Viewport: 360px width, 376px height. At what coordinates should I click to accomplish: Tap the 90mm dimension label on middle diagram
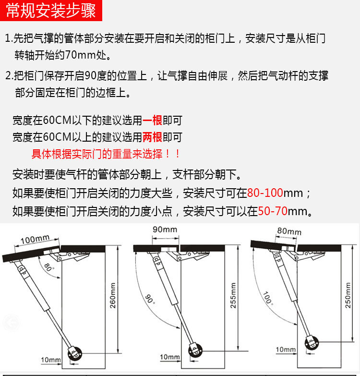tap(165, 230)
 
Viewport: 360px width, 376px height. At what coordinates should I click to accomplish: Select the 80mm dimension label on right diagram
tap(289, 231)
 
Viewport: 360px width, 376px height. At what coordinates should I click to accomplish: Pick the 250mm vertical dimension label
tap(348, 295)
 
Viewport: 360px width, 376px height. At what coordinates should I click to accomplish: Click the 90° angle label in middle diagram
tap(149, 300)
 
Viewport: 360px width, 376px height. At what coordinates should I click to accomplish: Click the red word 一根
tap(153, 121)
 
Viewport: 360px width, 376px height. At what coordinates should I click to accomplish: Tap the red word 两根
tap(153, 137)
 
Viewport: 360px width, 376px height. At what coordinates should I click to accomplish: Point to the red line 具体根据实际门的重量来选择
tap(106, 154)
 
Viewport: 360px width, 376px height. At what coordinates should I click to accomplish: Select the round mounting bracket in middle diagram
tap(195, 351)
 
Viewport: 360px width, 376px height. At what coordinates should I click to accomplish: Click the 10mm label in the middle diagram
tap(169, 357)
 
